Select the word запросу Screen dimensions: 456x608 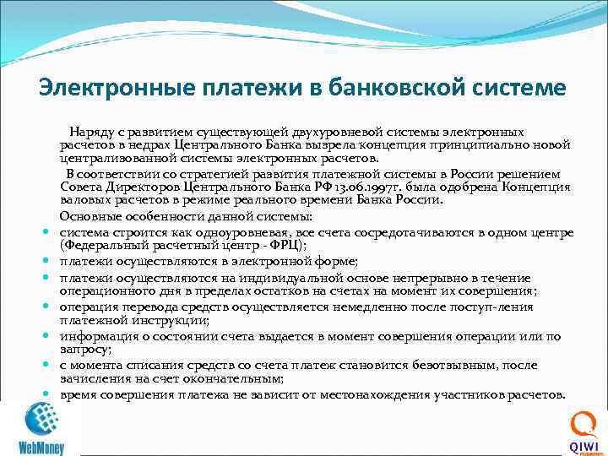click(x=84, y=349)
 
